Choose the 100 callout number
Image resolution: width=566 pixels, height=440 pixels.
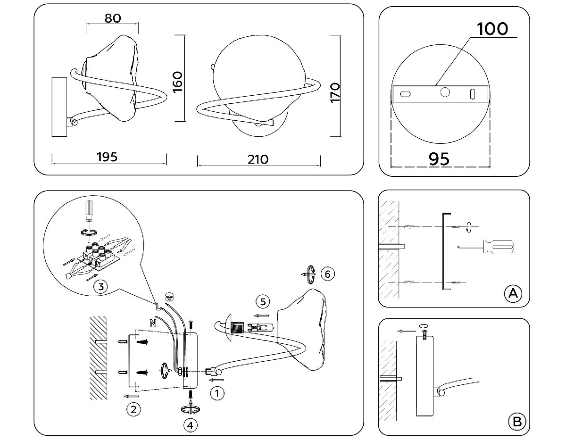pyautogui.click(x=492, y=29)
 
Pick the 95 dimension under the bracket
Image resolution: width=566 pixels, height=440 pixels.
pyautogui.click(x=439, y=159)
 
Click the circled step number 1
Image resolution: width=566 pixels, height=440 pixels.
pyautogui.click(x=216, y=393)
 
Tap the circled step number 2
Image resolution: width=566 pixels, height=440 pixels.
pyautogui.click(x=134, y=409)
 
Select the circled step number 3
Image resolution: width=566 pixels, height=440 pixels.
pyautogui.click(x=100, y=286)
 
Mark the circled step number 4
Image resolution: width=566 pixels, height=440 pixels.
pyautogui.click(x=191, y=425)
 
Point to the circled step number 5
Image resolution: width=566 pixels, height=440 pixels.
pyautogui.click(x=263, y=301)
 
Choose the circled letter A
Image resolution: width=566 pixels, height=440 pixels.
pyautogui.click(x=512, y=293)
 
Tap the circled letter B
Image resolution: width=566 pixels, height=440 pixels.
pyautogui.click(x=516, y=421)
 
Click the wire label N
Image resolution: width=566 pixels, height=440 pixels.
pyautogui.click(x=152, y=323)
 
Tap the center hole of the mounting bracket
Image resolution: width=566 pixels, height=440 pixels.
pyautogui.click(x=444, y=92)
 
